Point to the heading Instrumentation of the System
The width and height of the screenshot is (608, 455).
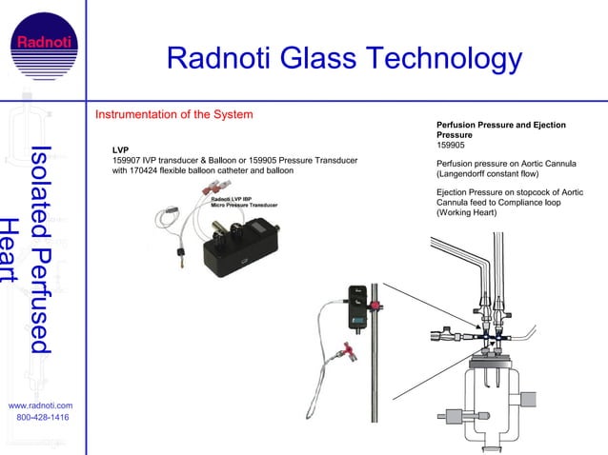pos(173,115)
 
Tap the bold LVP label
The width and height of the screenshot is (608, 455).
pos(120,149)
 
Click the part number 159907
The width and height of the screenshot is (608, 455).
pos(129,160)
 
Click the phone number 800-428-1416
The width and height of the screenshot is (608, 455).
pos(43,418)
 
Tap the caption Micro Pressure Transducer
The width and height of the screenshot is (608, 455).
pos(244,205)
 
